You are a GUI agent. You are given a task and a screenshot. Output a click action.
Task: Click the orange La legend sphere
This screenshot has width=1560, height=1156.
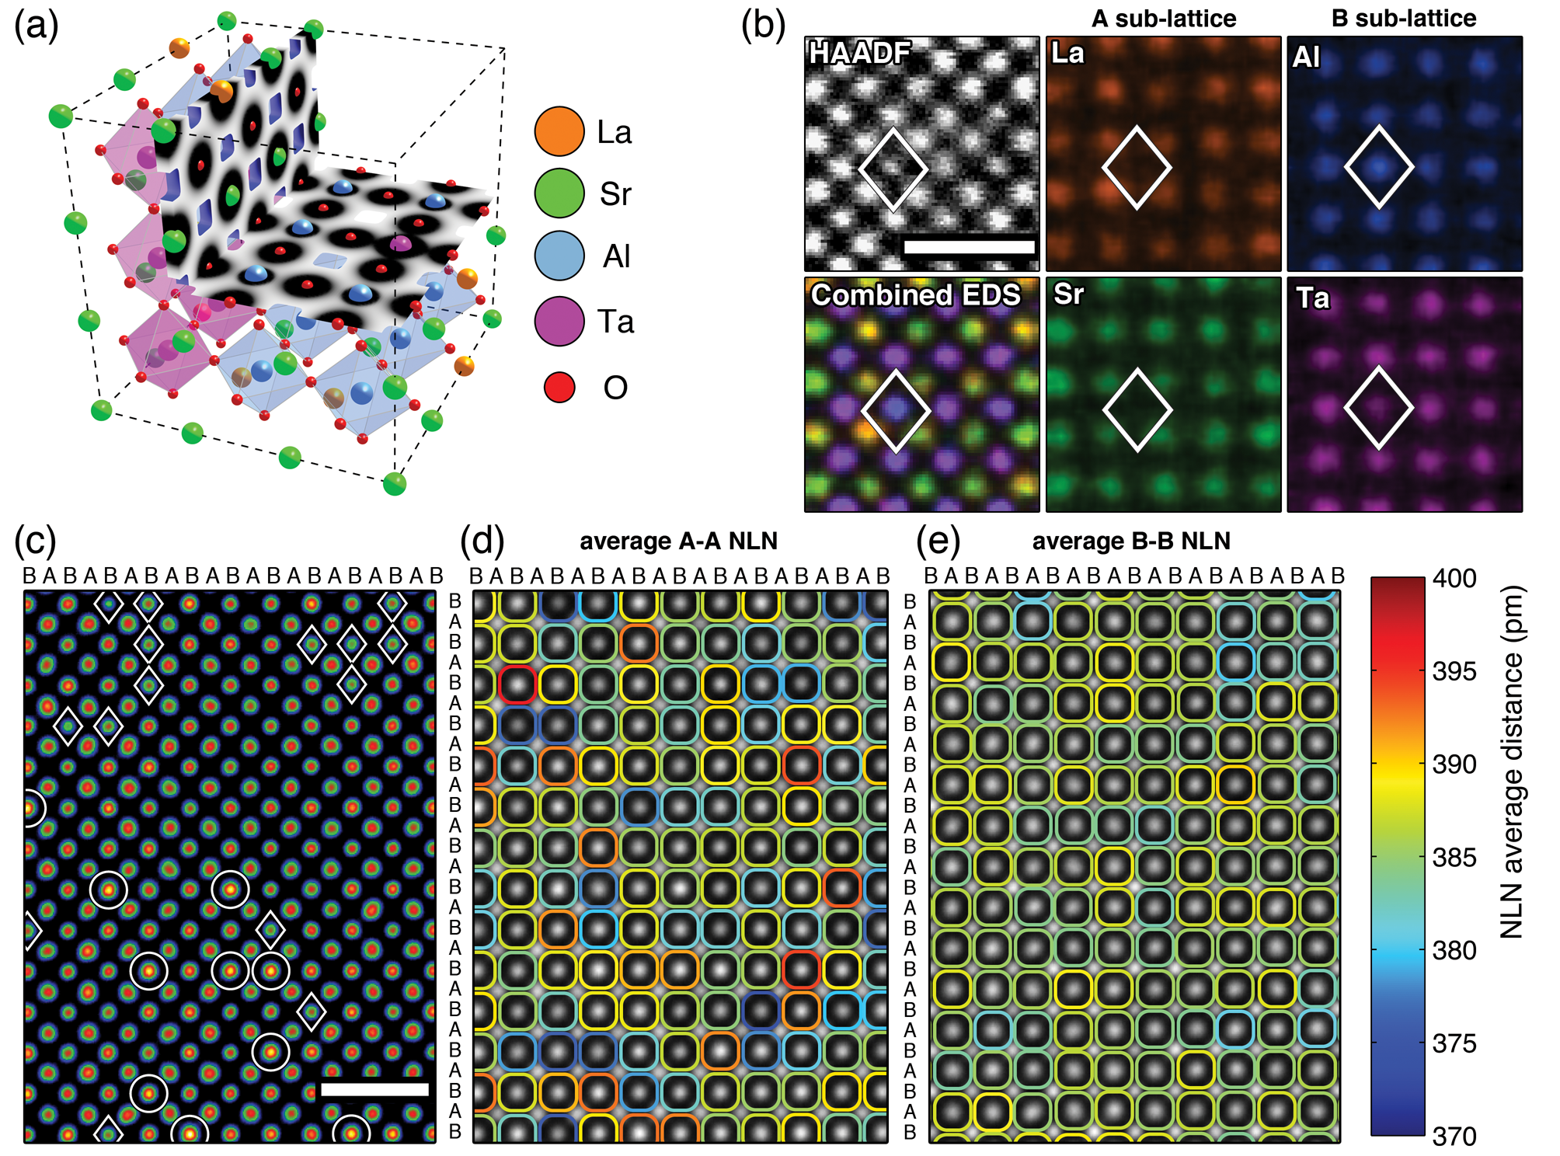(x=559, y=131)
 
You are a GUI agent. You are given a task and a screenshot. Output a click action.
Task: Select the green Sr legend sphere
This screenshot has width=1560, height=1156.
(x=559, y=193)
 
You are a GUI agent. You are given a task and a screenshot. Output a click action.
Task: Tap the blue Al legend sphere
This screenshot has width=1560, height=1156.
(x=559, y=256)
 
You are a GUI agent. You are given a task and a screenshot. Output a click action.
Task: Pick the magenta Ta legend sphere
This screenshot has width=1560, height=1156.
(x=559, y=321)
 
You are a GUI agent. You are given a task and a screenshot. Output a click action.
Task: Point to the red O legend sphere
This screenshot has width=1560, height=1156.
(x=559, y=387)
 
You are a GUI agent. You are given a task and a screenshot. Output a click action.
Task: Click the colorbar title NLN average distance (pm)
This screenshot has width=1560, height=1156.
(x=1511, y=761)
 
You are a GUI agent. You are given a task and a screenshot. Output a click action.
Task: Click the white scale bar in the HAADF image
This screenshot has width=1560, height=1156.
(x=969, y=247)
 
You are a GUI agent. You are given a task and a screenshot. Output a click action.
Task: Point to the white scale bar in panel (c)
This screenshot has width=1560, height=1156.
(x=374, y=1089)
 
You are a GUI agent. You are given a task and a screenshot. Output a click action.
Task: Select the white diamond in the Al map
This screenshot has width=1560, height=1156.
(x=1379, y=167)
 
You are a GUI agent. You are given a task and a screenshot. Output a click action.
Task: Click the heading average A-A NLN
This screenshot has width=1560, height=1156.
(x=678, y=541)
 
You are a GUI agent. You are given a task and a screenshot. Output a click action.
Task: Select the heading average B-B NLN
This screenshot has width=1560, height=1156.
(x=1131, y=541)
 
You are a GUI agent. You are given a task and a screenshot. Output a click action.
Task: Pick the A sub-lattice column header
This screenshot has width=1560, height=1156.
(x=1163, y=19)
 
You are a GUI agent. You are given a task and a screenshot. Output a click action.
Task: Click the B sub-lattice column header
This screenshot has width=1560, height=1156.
(x=1404, y=19)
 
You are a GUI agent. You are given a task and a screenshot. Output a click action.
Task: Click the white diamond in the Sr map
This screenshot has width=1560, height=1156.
(x=1137, y=410)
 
